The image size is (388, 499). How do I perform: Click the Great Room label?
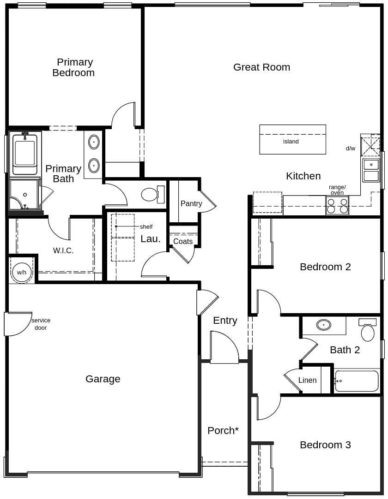click(261, 67)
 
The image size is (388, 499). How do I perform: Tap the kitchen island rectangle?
click(292, 139)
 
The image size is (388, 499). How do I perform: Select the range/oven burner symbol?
click(337, 206)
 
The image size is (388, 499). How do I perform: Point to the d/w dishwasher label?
click(351, 149)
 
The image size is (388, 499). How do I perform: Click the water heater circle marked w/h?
click(22, 273)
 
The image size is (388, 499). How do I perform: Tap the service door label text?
click(41, 324)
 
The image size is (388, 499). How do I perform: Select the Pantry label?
click(191, 203)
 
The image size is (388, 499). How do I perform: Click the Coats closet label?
click(183, 241)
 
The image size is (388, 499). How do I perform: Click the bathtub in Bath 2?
click(357, 381)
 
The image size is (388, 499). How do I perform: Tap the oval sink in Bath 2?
click(324, 325)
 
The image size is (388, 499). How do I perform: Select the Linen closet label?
click(307, 380)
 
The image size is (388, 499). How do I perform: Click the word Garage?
click(103, 379)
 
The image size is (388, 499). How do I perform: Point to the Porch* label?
click(223, 430)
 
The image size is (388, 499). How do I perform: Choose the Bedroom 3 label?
click(325, 445)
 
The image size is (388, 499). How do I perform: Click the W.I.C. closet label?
click(63, 250)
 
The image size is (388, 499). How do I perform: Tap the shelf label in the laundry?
click(146, 227)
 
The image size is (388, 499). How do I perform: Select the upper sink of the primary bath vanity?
click(94, 142)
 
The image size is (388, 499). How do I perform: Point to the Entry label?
click(225, 320)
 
